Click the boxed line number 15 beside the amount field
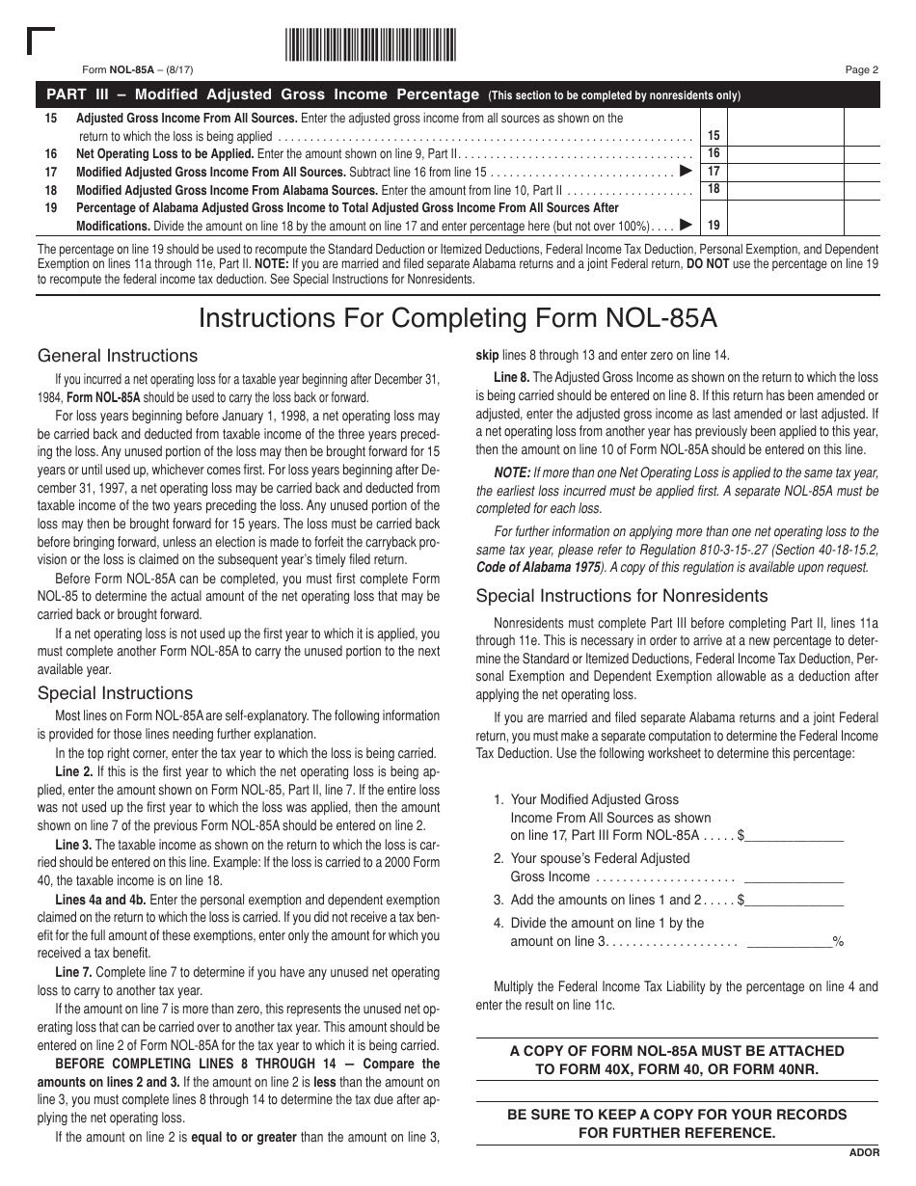714,136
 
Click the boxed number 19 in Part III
714,225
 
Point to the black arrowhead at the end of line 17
686,171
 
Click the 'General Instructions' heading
117,356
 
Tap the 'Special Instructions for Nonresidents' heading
622,595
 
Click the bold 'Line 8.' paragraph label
511,377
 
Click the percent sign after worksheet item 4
838,941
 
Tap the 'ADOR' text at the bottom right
864,1152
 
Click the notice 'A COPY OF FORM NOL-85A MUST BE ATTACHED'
676,1050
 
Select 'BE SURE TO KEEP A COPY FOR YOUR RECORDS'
676,1114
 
